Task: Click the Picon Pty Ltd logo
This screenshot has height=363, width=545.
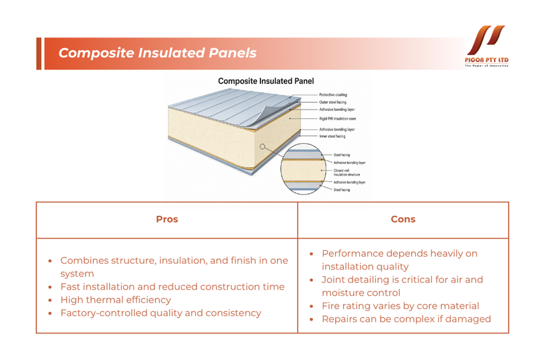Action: [486, 46]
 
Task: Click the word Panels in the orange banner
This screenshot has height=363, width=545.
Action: [232, 53]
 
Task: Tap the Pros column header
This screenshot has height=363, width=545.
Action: [167, 219]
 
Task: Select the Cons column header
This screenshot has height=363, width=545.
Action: [403, 219]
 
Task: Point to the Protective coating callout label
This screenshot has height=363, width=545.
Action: [333, 95]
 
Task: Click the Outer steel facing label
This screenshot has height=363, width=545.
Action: [332, 102]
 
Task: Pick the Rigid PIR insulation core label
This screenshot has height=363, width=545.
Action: [338, 119]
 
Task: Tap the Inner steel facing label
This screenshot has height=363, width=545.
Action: [332, 136]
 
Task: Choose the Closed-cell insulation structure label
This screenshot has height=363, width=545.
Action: [347, 173]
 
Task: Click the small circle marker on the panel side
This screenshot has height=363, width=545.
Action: [262, 147]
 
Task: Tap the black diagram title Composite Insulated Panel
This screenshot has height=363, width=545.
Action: [266, 81]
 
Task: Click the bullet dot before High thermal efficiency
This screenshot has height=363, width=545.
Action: [50, 300]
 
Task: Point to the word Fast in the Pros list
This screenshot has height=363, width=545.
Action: [71, 286]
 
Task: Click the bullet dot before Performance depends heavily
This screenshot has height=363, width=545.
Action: [312, 254]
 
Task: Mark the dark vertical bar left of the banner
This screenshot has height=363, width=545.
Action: [38, 54]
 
